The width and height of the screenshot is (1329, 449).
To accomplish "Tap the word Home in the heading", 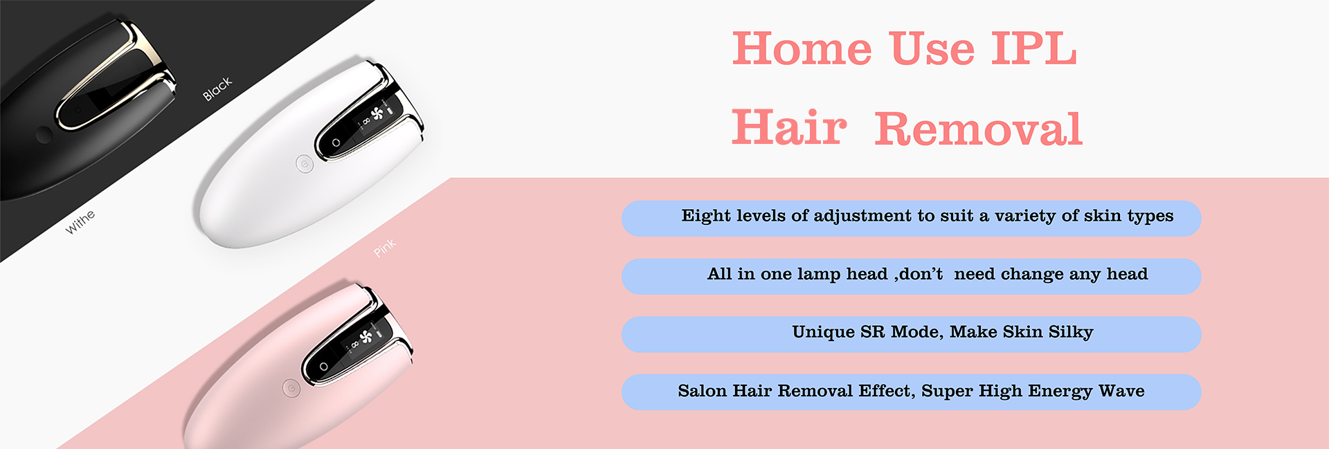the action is click(802, 48).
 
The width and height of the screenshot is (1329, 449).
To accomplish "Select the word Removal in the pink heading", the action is click(978, 129).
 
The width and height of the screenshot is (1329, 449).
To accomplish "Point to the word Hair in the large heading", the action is click(789, 127).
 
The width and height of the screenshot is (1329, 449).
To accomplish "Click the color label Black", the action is click(217, 89).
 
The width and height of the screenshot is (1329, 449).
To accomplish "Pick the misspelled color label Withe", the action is click(80, 221).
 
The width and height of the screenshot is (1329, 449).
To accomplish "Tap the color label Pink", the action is click(385, 247).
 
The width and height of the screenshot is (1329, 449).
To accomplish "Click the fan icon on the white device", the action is click(377, 113).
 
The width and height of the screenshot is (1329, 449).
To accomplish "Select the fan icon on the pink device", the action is click(366, 336).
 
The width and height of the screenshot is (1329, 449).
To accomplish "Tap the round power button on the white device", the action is click(305, 164).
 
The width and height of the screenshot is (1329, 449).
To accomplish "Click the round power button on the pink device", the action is click(291, 388).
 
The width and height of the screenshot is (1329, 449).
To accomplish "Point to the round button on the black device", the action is click(44, 134).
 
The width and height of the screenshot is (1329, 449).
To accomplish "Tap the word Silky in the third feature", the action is click(1071, 333).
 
